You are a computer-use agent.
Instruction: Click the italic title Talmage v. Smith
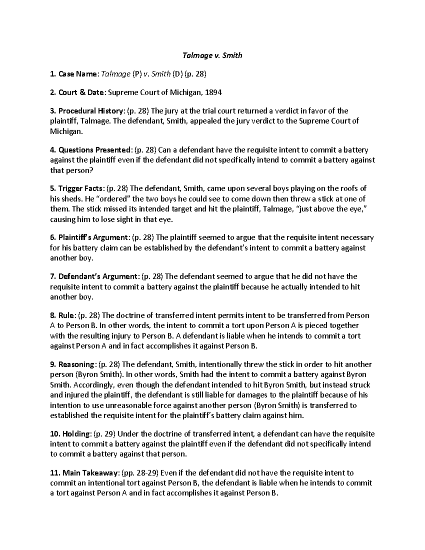212,55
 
